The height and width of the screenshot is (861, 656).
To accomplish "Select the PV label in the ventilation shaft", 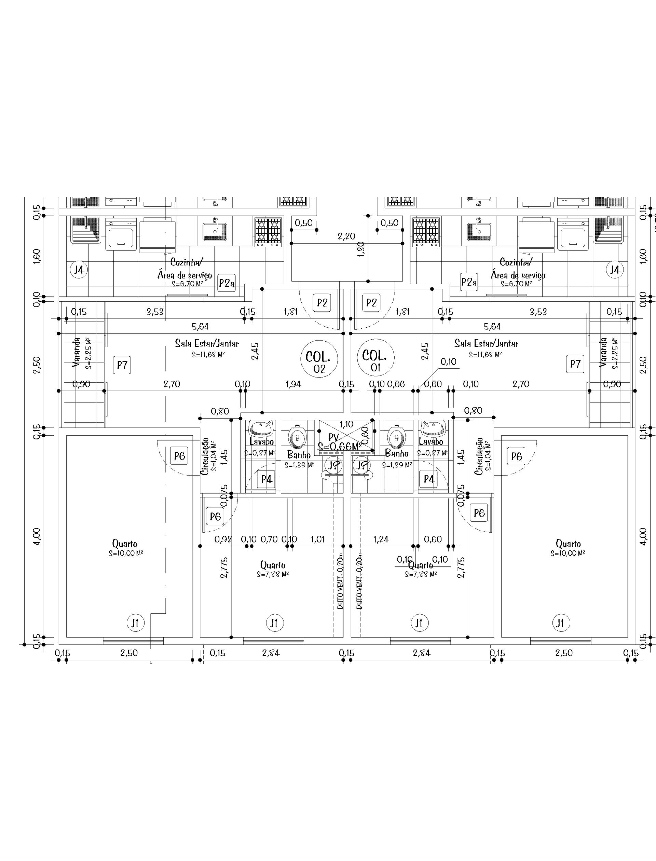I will click(333, 437).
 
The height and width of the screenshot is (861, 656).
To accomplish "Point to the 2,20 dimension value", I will click(346, 236).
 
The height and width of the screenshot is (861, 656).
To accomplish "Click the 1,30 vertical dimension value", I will click(361, 249).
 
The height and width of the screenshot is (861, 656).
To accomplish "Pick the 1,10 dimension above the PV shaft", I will click(346, 424).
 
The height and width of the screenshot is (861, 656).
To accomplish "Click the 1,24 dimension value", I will click(381, 539).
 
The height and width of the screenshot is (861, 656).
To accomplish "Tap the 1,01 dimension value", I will click(317, 539).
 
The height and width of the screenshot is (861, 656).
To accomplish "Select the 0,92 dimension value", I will click(223, 539).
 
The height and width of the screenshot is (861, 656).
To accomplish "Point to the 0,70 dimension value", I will click(269, 539).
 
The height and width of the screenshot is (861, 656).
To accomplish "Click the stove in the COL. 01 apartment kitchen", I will click(426, 232).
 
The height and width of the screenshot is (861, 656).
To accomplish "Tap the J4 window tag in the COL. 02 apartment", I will click(79, 270).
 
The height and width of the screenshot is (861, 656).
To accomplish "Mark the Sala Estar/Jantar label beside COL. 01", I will click(486, 344).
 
